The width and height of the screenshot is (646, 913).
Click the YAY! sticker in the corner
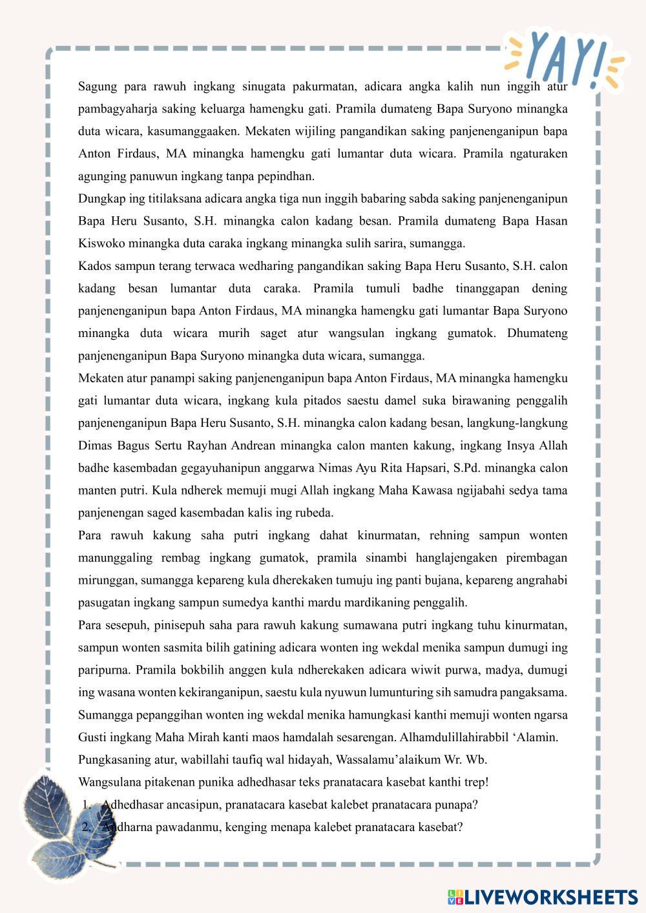(565, 58)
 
